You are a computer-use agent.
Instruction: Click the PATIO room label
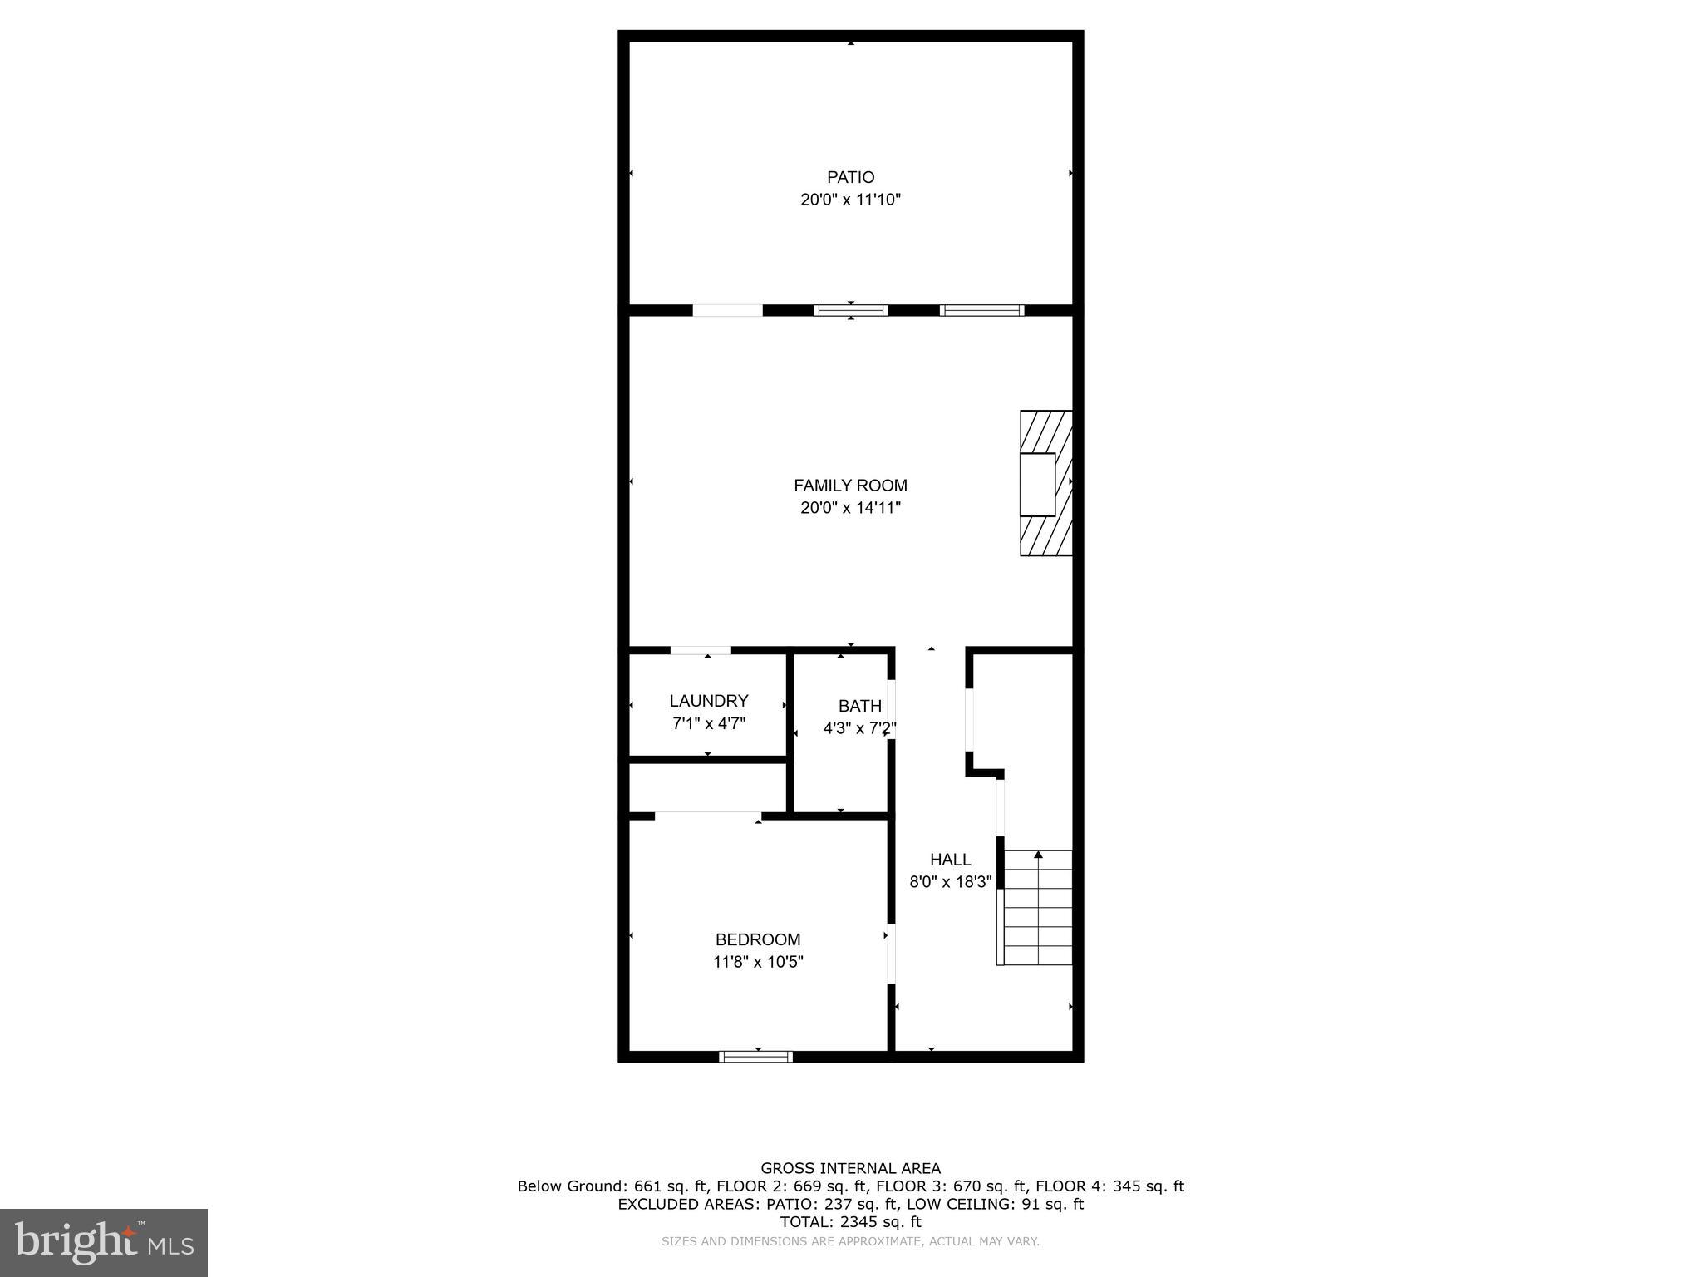(850, 177)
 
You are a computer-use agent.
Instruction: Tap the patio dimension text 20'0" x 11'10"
(850, 200)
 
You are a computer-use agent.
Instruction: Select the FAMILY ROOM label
(850, 486)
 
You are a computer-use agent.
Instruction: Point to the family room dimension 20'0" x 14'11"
(850, 508)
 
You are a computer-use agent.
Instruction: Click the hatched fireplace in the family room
(1045, 483)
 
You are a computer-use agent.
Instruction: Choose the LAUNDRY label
(709, 701)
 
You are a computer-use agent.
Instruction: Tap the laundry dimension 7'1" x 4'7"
(709, 724)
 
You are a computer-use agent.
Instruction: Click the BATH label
(859, 706)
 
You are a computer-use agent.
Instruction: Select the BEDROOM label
(758, 939)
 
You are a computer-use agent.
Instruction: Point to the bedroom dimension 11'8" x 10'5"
(758, 962)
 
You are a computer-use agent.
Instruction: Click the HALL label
(950, 860)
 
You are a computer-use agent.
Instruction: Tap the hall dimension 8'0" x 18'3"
(950, 882)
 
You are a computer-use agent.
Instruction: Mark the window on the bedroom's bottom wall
(755, 1057)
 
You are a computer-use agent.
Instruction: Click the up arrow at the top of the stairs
(1038, 854)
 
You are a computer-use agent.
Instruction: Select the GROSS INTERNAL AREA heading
(850, 1168)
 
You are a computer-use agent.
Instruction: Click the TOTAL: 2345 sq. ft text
(850, 1222)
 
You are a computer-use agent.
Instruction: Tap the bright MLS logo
(104, 1242)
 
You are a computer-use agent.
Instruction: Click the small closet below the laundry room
(707, 786)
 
